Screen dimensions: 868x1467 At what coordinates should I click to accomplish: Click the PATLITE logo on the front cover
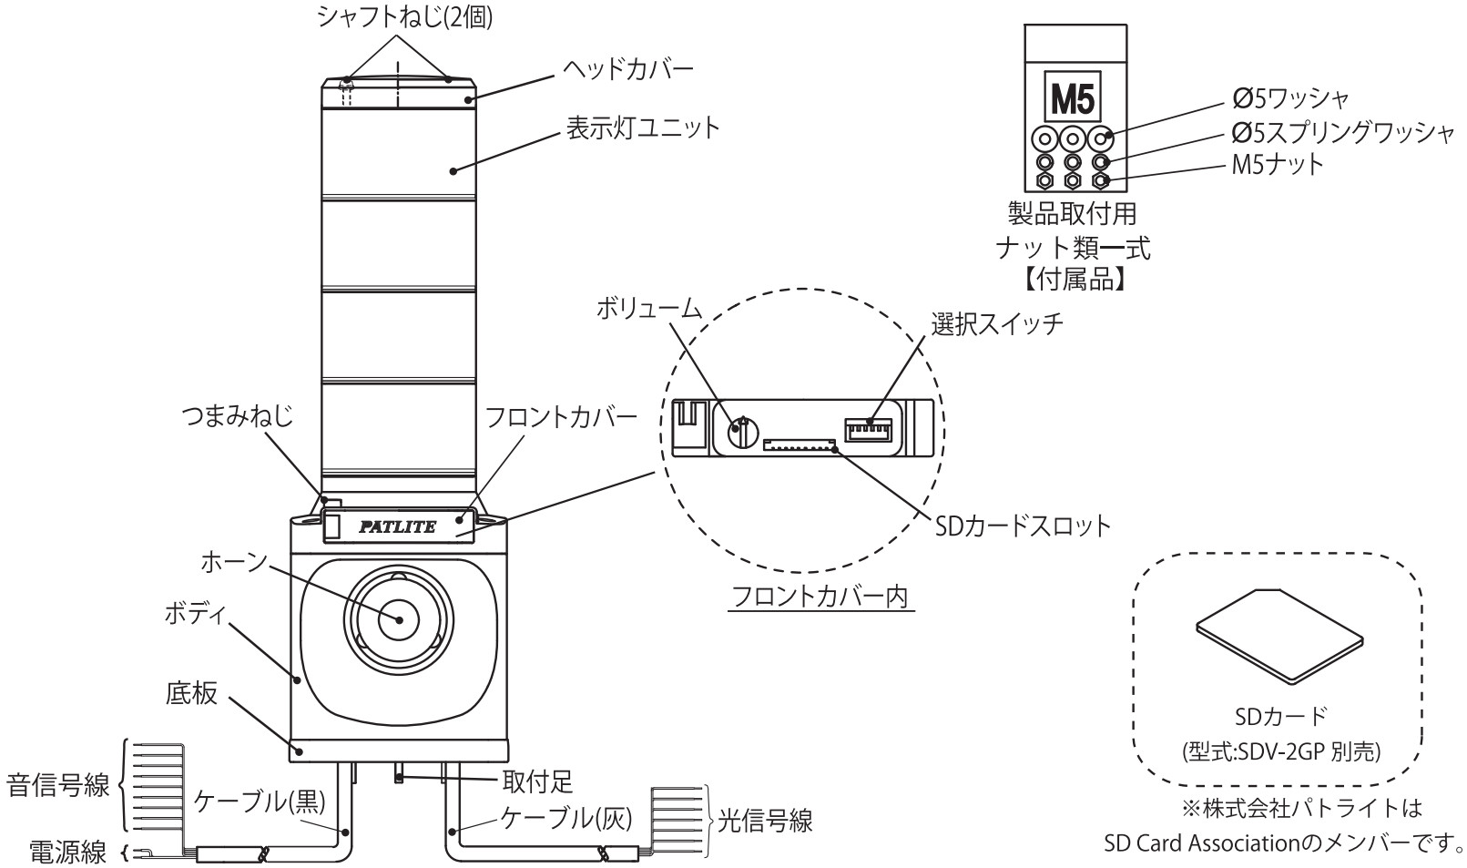click(x=397, y=526)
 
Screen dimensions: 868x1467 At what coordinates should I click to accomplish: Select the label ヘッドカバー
click(x=626, y=68)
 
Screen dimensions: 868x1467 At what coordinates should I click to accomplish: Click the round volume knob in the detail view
click(x=743, y=429)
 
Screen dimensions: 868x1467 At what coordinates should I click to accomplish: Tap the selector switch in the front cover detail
click(x=868, y=428)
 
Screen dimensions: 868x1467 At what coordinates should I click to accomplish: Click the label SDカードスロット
click(x=1023, y=526)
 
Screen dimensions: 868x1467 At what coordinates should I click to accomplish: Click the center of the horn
click(x=399, y=619)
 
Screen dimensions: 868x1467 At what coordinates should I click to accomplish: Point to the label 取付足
click(x=538, y=781)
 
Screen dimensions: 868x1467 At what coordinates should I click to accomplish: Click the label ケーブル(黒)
click(x=260, y=801)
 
